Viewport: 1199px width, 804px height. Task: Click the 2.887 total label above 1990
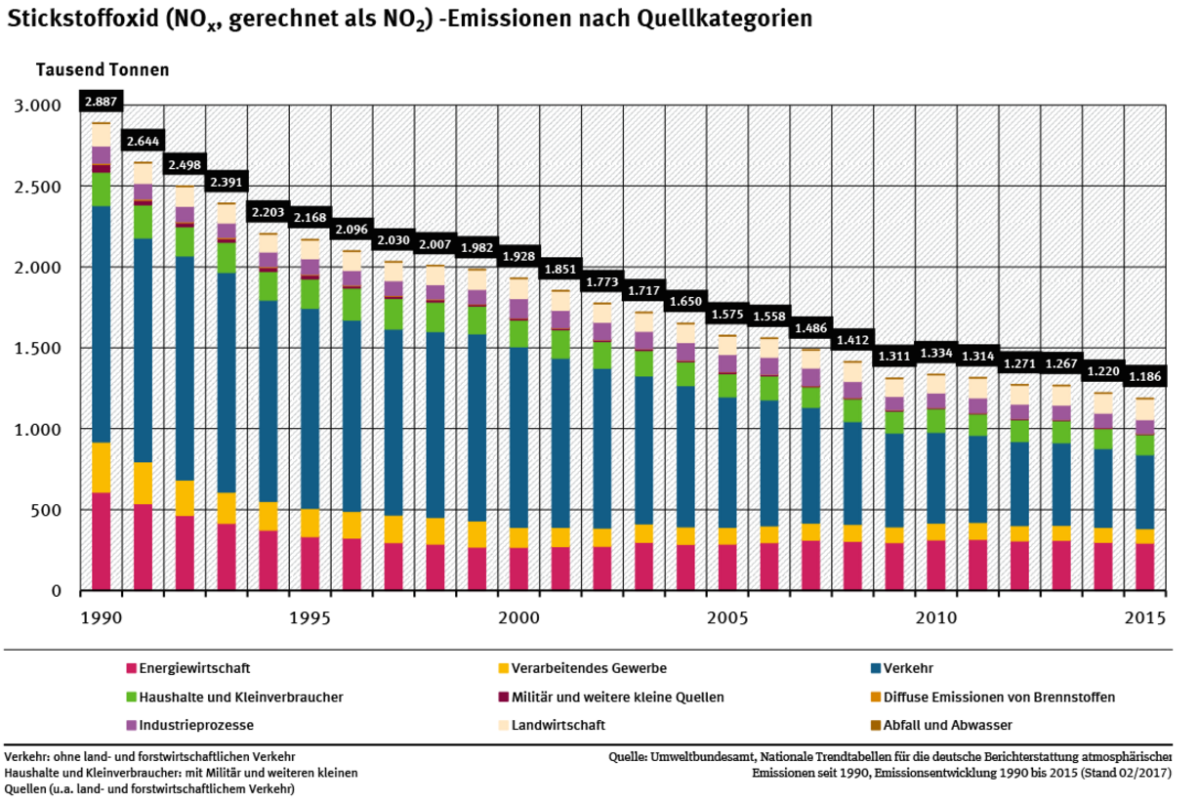pos(101,102)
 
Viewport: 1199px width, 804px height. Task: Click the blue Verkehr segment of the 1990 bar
pos(101,324)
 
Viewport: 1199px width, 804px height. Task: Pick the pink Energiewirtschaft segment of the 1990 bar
pos(101,541)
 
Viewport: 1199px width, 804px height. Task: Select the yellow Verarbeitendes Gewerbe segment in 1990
pos(101,468)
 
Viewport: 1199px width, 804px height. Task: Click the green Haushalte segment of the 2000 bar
pos(518,334)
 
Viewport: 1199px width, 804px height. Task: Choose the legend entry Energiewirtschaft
pos(194,669)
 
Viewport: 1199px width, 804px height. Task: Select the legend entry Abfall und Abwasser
pos(947,725)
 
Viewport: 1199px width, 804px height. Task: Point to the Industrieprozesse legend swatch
pos(131,725)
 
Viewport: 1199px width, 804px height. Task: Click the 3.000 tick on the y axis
pos(39,106)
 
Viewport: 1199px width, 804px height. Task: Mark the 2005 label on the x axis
pos(727,618)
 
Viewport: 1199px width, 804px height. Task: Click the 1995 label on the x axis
pos(309,618)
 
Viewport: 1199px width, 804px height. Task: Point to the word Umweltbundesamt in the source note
pos(703,757)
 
